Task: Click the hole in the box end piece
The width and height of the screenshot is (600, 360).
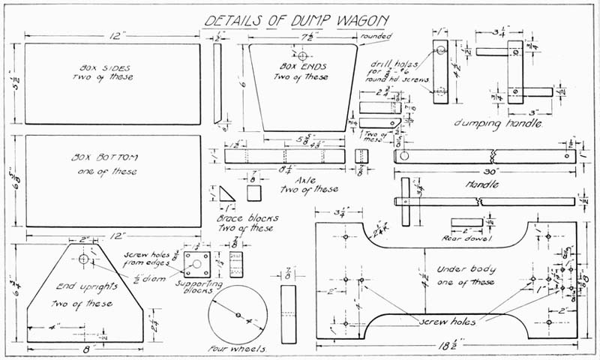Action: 302,56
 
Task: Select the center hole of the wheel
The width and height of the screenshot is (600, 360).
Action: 238,314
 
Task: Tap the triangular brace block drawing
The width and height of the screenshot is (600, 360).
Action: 228,196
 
